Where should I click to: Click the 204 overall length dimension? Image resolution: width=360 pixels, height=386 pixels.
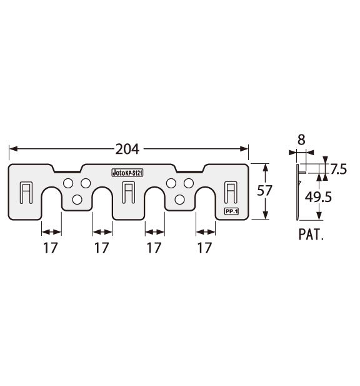pos(127,149)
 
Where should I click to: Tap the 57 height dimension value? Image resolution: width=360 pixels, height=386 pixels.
pos(264,191)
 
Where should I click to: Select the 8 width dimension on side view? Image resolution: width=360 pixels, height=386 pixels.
pos(301,140)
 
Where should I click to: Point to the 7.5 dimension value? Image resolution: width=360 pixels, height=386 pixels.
pos(338,170)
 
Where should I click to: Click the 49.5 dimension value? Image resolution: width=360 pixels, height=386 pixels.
pos(318,197)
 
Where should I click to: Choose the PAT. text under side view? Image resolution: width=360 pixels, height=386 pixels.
pos(311,235)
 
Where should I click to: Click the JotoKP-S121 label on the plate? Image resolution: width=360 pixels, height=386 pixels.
pos(127,173)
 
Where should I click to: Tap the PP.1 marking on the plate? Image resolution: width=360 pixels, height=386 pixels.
pos(231,211)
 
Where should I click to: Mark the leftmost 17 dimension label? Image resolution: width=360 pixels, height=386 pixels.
pos(51,248)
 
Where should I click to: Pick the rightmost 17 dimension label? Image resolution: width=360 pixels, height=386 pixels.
pos(204,248)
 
